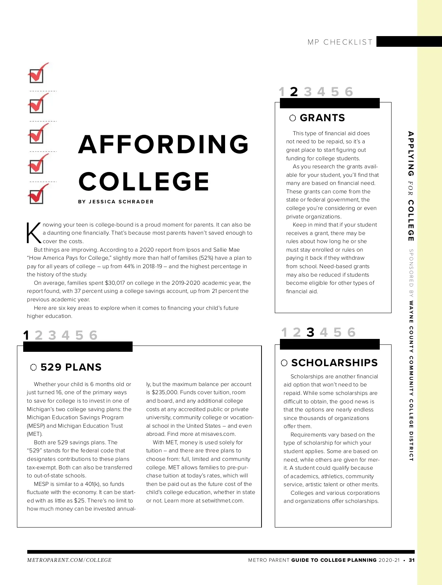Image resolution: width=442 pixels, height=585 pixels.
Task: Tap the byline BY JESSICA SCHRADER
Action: [x=116, y=202]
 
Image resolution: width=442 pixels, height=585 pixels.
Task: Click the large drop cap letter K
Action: [x=34, y=233]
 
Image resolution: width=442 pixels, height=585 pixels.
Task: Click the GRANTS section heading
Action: [x=322, y=118]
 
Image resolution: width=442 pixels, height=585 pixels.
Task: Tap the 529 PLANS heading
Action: [x=71, y=367]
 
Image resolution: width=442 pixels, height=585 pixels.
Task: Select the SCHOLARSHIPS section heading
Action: [x=334, y=363]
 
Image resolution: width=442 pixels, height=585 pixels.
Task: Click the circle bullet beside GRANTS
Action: [x=292, y=118]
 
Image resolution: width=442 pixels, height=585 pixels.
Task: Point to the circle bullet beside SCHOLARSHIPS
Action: [x=284, y=363]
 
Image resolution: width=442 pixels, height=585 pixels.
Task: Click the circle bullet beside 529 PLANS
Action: [x=34, y=367]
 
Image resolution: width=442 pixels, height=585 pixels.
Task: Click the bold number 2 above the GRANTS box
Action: [x=294, y=92]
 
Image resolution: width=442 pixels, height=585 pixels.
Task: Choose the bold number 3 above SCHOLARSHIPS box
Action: [x=311, y=333]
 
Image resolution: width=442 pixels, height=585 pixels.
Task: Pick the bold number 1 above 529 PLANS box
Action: [x=26, y=335]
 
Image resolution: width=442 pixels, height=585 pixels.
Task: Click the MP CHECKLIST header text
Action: [x=340, y=42]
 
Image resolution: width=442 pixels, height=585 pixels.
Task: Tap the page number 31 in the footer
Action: [x=411, y=560]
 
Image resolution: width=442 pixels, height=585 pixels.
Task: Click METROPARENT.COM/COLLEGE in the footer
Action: [x=69, y=560]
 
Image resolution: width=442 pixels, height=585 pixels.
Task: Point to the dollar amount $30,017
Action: [x=115, y=283]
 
